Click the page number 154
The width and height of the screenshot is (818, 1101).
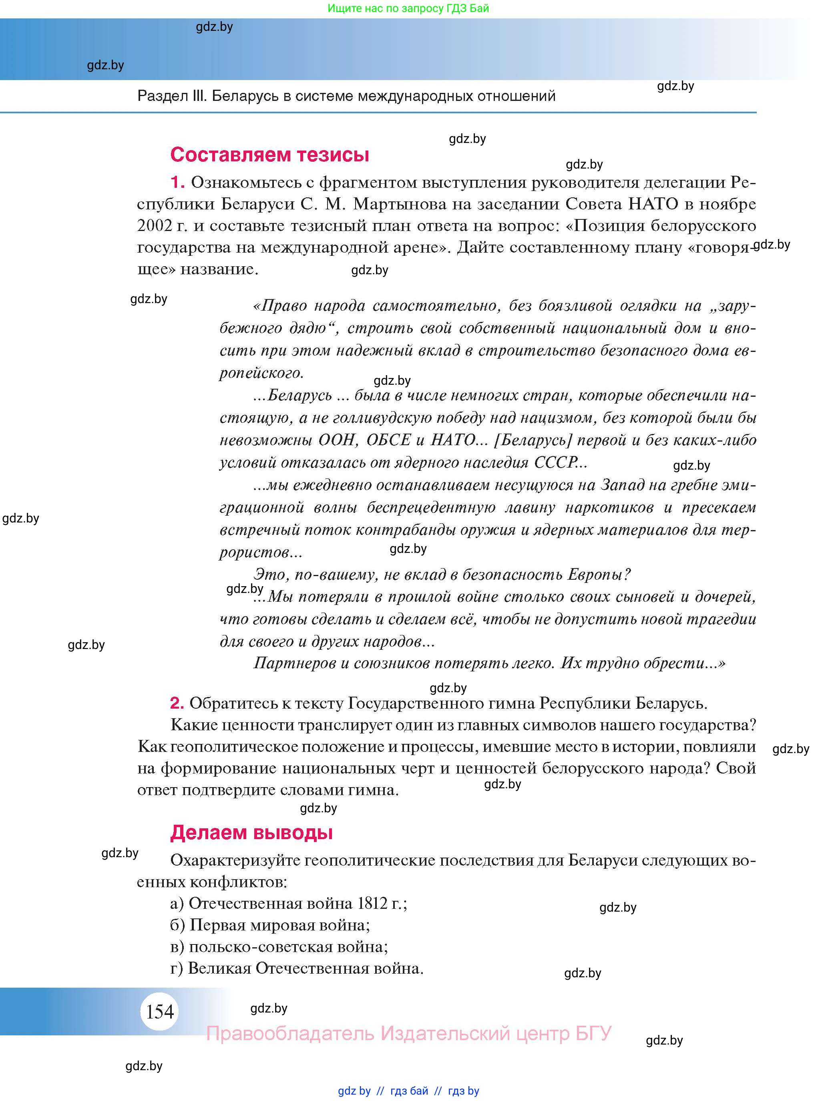[160, 1011]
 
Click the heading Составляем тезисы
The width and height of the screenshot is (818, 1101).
[269, 155]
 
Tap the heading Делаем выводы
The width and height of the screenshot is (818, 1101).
[251, 832]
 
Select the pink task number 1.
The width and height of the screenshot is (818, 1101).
[177, 182]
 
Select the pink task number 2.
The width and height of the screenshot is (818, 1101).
[177, 703]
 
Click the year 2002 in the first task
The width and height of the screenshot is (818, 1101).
[154, 226]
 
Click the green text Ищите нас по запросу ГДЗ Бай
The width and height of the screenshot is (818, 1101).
[408, 8]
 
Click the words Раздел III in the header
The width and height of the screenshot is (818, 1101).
[171, 96]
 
